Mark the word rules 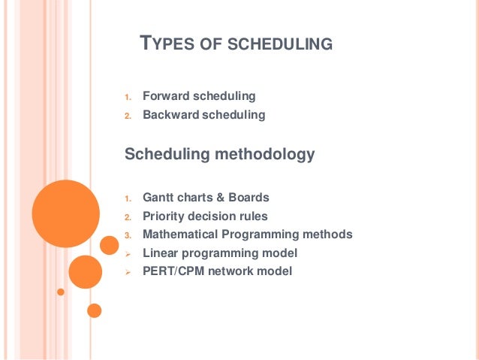click(252, 216)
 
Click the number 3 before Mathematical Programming click(128, 235)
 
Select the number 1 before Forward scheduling click(128, 97)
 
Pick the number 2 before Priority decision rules click(128, 216)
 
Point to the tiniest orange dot click(61, 292)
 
